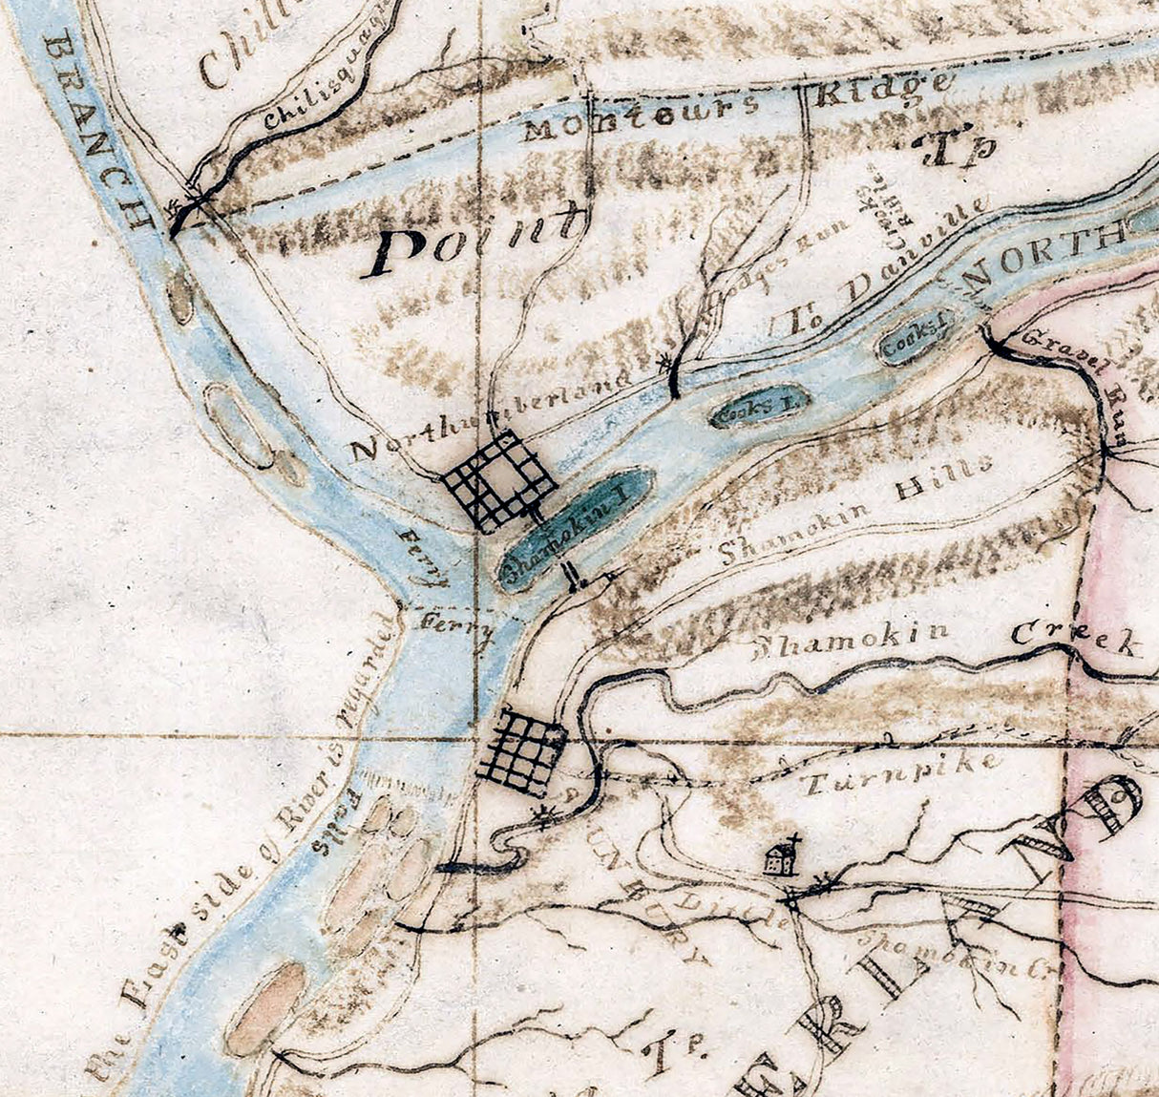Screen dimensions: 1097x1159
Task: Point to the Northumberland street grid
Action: [498, 480]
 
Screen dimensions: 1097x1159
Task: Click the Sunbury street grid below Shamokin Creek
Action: [521, 749]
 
